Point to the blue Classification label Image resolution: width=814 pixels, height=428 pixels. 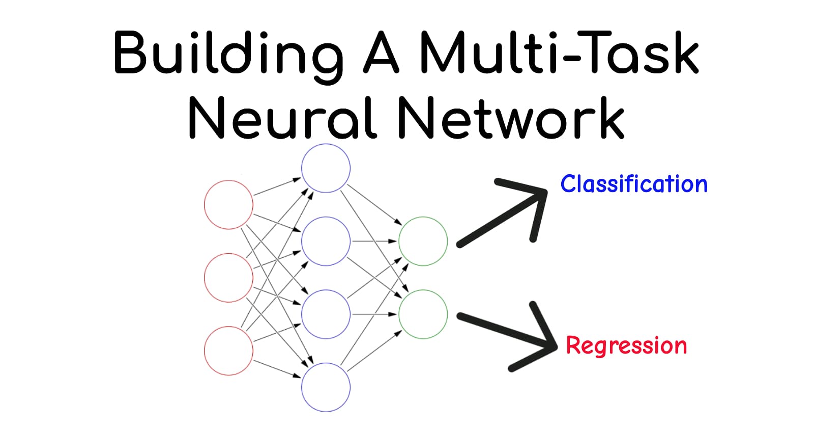click(x=633, y=184)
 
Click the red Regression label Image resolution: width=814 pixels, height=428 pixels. click(x=626, y=346)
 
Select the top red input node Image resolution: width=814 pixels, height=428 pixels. click(x=228, y=205)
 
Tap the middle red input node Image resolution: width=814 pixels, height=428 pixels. click(x=228, y=278)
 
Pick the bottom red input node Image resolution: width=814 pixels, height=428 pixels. click(x=228, y=351)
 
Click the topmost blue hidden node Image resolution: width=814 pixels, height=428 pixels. click(x=326, y=168)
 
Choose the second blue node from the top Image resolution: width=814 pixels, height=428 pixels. click(x=326, y=241)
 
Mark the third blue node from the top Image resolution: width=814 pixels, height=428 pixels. click(x=326, y=314)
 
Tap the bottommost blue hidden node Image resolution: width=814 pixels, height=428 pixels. click(x=326, y=387)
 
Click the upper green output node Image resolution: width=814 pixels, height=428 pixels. click(x=423, y=241)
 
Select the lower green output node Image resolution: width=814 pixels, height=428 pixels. click(x=423, y=314)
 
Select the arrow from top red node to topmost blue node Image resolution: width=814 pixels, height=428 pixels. click(x=277, y=186)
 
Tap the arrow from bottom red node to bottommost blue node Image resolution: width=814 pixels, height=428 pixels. click(x=277, y=369)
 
